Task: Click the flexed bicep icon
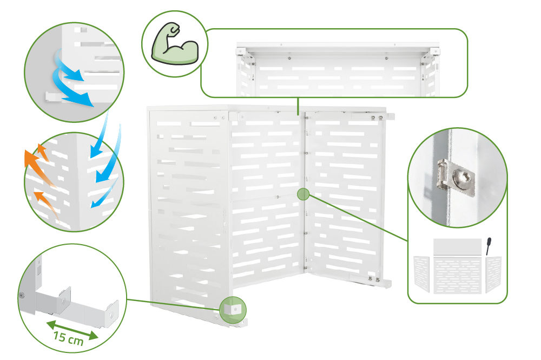pos(175,43)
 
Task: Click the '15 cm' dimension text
pos(68,338)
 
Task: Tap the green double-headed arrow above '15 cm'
pos(72,330)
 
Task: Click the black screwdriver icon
pos(488,246)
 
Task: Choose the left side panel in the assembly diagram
pos(421,274)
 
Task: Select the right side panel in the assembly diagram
pos(493,274)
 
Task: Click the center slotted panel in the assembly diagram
pos(458,275)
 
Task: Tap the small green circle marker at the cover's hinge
pos(304,194)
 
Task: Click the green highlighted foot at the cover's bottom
pos(233,310)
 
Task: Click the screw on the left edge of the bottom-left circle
pos(22,296)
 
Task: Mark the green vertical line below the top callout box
pos(298,106)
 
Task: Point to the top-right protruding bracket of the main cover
pos(391,116)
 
